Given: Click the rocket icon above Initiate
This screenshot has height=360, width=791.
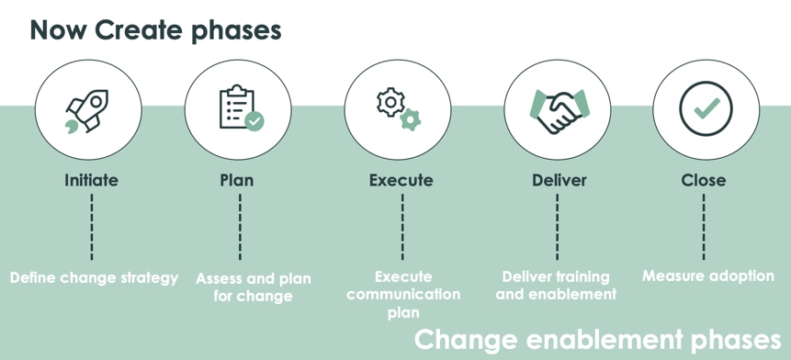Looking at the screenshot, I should coord(88,109).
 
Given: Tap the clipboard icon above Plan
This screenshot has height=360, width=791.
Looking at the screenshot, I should coord(238,109).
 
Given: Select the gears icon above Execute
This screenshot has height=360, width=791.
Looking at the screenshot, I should coord(399,109).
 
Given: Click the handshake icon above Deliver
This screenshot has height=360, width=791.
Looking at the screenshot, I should coord(558,109).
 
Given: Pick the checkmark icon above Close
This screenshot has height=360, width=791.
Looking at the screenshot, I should coord(706,109).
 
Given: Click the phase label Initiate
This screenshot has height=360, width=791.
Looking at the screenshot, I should coord(91,180).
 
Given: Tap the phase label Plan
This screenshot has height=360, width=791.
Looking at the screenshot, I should coord(237,180).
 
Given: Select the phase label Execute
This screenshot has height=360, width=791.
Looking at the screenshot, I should coord(401,180).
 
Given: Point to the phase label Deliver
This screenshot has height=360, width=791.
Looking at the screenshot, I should coord(559,180).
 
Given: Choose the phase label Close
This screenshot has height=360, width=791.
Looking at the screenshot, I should coord(704,180).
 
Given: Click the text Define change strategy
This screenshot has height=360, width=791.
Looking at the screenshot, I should coord(94,277).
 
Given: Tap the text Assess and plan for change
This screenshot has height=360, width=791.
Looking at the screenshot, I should coord(254,287).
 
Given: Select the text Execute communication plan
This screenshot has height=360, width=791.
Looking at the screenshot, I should coord(403,294).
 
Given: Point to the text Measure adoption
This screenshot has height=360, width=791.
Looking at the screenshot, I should coord(707,276).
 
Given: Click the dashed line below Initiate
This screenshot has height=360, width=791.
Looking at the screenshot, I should coord(92,227).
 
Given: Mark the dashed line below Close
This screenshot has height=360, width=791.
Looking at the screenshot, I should coord(704,227).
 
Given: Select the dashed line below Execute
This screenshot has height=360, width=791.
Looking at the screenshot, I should coord(401,227).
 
